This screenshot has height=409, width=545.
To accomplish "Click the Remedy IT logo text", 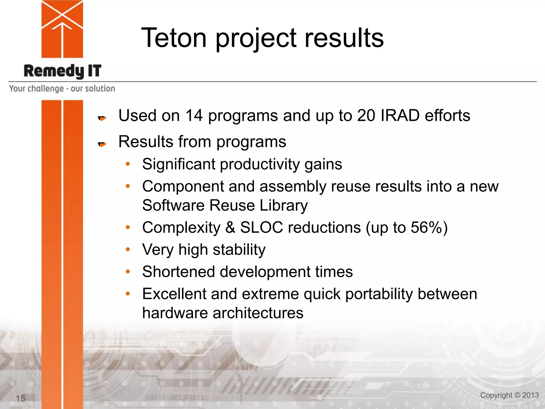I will click(63, 71).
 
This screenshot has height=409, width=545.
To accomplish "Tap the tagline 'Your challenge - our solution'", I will click(62, 88).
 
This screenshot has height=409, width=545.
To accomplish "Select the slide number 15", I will click(20, 398).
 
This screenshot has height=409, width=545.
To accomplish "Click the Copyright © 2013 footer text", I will click(509, 395).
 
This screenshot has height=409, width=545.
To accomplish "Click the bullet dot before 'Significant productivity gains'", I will click(128, 164).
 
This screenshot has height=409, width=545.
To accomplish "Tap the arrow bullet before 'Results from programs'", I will click(102, 144).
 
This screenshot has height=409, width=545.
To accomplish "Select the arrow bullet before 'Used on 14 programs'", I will click(102, 118).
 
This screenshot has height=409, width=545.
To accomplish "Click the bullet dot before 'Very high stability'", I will click(128, 250).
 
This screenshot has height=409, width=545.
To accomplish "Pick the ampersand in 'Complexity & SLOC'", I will click(230, 228).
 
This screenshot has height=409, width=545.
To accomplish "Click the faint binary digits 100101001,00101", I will click(175, 397).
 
